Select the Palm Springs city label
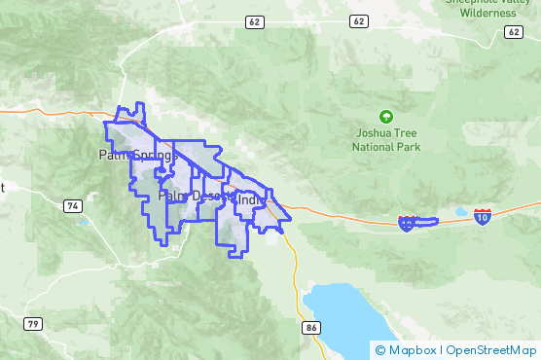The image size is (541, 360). [137, 155]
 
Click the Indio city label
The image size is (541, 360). [251, 201]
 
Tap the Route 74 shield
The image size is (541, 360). [72, 205]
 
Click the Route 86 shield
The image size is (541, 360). [310, 328]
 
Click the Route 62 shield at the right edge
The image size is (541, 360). [513, 32]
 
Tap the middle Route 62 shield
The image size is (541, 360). [359, 20]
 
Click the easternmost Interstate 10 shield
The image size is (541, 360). [482, 215]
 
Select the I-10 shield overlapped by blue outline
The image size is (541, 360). [406, 224]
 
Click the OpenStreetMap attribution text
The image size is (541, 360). [490, 349]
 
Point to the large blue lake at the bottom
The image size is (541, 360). [341, 311]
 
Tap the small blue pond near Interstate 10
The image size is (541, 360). [460, 211]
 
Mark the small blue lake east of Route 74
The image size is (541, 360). [85, 222]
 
